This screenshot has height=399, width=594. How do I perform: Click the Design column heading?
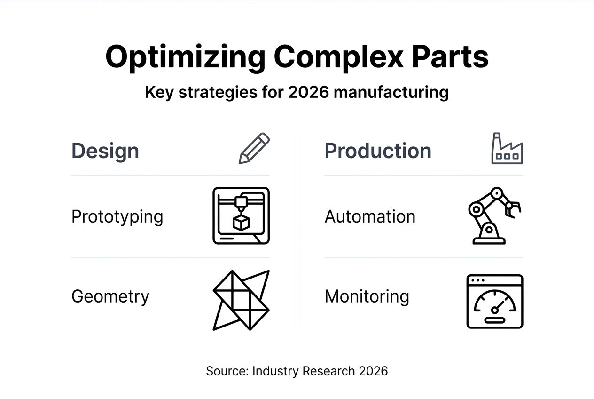105,151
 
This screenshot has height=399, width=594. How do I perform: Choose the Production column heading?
378,151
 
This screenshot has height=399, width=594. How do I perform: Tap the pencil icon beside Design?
254,148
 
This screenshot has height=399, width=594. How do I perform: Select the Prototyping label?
117,217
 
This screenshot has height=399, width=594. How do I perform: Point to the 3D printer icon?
241,215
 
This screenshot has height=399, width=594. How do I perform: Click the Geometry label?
110,296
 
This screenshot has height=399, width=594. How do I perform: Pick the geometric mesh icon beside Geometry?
241,300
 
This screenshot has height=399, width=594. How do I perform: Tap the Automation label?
370,217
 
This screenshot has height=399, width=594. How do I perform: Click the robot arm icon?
493,215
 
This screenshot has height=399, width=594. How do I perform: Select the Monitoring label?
367,296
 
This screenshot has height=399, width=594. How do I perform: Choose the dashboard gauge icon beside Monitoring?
494,302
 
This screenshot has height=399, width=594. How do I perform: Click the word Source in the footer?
227,371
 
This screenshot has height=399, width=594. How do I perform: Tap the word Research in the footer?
328,371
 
